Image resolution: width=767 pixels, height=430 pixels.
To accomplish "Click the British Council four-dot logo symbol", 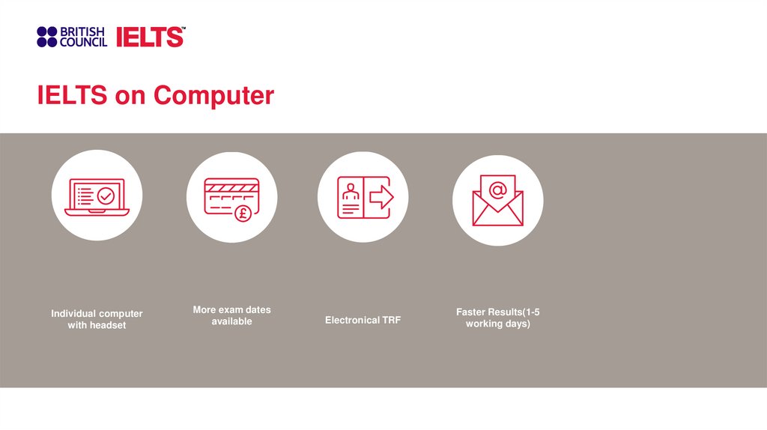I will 46,37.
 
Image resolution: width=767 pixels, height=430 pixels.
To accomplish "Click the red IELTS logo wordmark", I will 150,37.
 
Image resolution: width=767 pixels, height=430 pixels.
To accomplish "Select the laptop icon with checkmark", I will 97,196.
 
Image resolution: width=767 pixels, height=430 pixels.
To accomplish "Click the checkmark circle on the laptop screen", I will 106,196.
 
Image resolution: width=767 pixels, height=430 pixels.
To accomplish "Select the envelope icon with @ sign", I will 497,200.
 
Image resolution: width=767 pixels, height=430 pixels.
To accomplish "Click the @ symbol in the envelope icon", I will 497,190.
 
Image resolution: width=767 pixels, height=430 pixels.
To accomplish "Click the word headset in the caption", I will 108,325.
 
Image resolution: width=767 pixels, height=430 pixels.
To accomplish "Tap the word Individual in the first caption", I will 73,313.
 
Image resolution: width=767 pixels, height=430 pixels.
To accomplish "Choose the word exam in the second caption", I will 233,309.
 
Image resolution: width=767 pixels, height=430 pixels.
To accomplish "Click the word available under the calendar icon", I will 231,321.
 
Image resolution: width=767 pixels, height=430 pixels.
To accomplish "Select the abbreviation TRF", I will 391,320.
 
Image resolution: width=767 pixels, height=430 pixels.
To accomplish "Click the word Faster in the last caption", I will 471,312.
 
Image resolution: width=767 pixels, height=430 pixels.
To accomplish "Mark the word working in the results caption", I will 484,324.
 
